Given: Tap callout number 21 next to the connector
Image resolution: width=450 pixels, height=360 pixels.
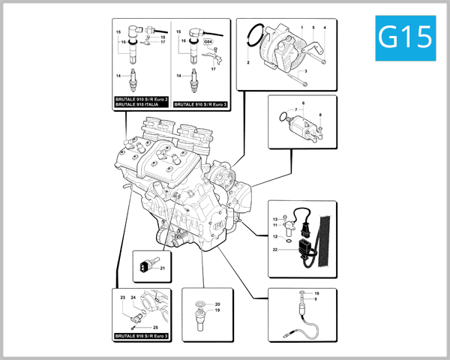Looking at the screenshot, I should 161,268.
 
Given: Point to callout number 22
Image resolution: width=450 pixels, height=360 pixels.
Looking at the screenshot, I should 276,250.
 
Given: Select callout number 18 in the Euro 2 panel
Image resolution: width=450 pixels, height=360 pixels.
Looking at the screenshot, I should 163,37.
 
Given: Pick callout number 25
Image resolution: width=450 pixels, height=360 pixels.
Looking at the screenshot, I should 155,328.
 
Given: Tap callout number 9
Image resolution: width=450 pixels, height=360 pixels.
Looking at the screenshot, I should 316,299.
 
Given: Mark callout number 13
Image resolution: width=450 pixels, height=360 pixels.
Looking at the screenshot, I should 275,218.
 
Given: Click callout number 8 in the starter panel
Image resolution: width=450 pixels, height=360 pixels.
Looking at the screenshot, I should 319,115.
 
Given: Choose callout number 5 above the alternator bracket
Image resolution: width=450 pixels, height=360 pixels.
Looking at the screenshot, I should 313,28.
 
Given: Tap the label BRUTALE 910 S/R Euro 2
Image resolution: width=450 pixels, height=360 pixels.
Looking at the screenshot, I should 142,99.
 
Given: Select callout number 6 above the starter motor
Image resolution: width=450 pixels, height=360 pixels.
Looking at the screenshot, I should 303,101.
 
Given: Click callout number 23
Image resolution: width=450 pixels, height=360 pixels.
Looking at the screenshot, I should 121,298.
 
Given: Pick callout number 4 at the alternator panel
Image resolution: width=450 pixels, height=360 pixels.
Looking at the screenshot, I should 325,28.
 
